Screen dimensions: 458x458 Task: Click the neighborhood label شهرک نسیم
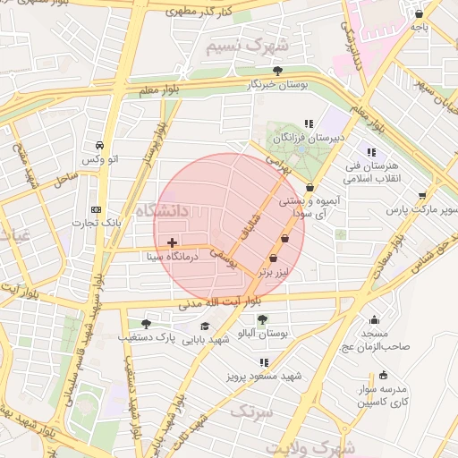(x=247, y=45)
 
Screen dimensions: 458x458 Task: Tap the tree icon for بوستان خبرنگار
(x=278, y=70)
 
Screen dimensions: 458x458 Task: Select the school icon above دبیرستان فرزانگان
(x=309, y=124)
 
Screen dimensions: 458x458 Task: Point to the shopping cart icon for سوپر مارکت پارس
(x=422, y=195)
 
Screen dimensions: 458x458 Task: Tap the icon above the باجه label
(x=420, y=13)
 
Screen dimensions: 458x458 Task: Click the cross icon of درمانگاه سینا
(x=172, y=242)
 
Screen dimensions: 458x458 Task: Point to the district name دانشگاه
(x=164, y=211)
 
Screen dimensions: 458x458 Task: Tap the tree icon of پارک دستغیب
(x=146, y=323)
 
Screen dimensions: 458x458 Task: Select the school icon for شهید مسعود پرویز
(x=264, y=362)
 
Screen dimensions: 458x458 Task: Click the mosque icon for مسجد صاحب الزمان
(x=374, y=320)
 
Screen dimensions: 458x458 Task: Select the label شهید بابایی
(x=207, y=339)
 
